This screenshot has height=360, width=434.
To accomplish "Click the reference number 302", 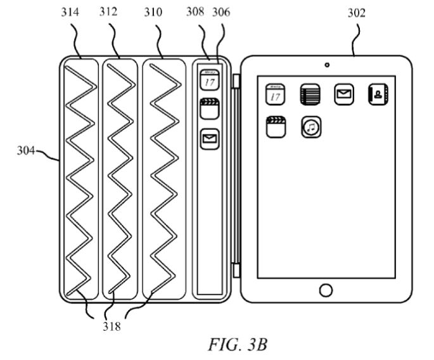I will click(356, 12).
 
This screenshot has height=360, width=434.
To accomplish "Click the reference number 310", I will click(152, 12).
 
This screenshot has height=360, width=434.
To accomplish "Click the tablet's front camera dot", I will click(326, 65).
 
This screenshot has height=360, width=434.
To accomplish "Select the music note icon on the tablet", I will click(310, 127).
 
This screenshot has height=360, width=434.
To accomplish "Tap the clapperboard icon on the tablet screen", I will click(276, 126).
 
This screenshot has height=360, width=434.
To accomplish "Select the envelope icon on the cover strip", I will click(209, 138).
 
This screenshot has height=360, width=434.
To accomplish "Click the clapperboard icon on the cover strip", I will click(208, 108).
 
